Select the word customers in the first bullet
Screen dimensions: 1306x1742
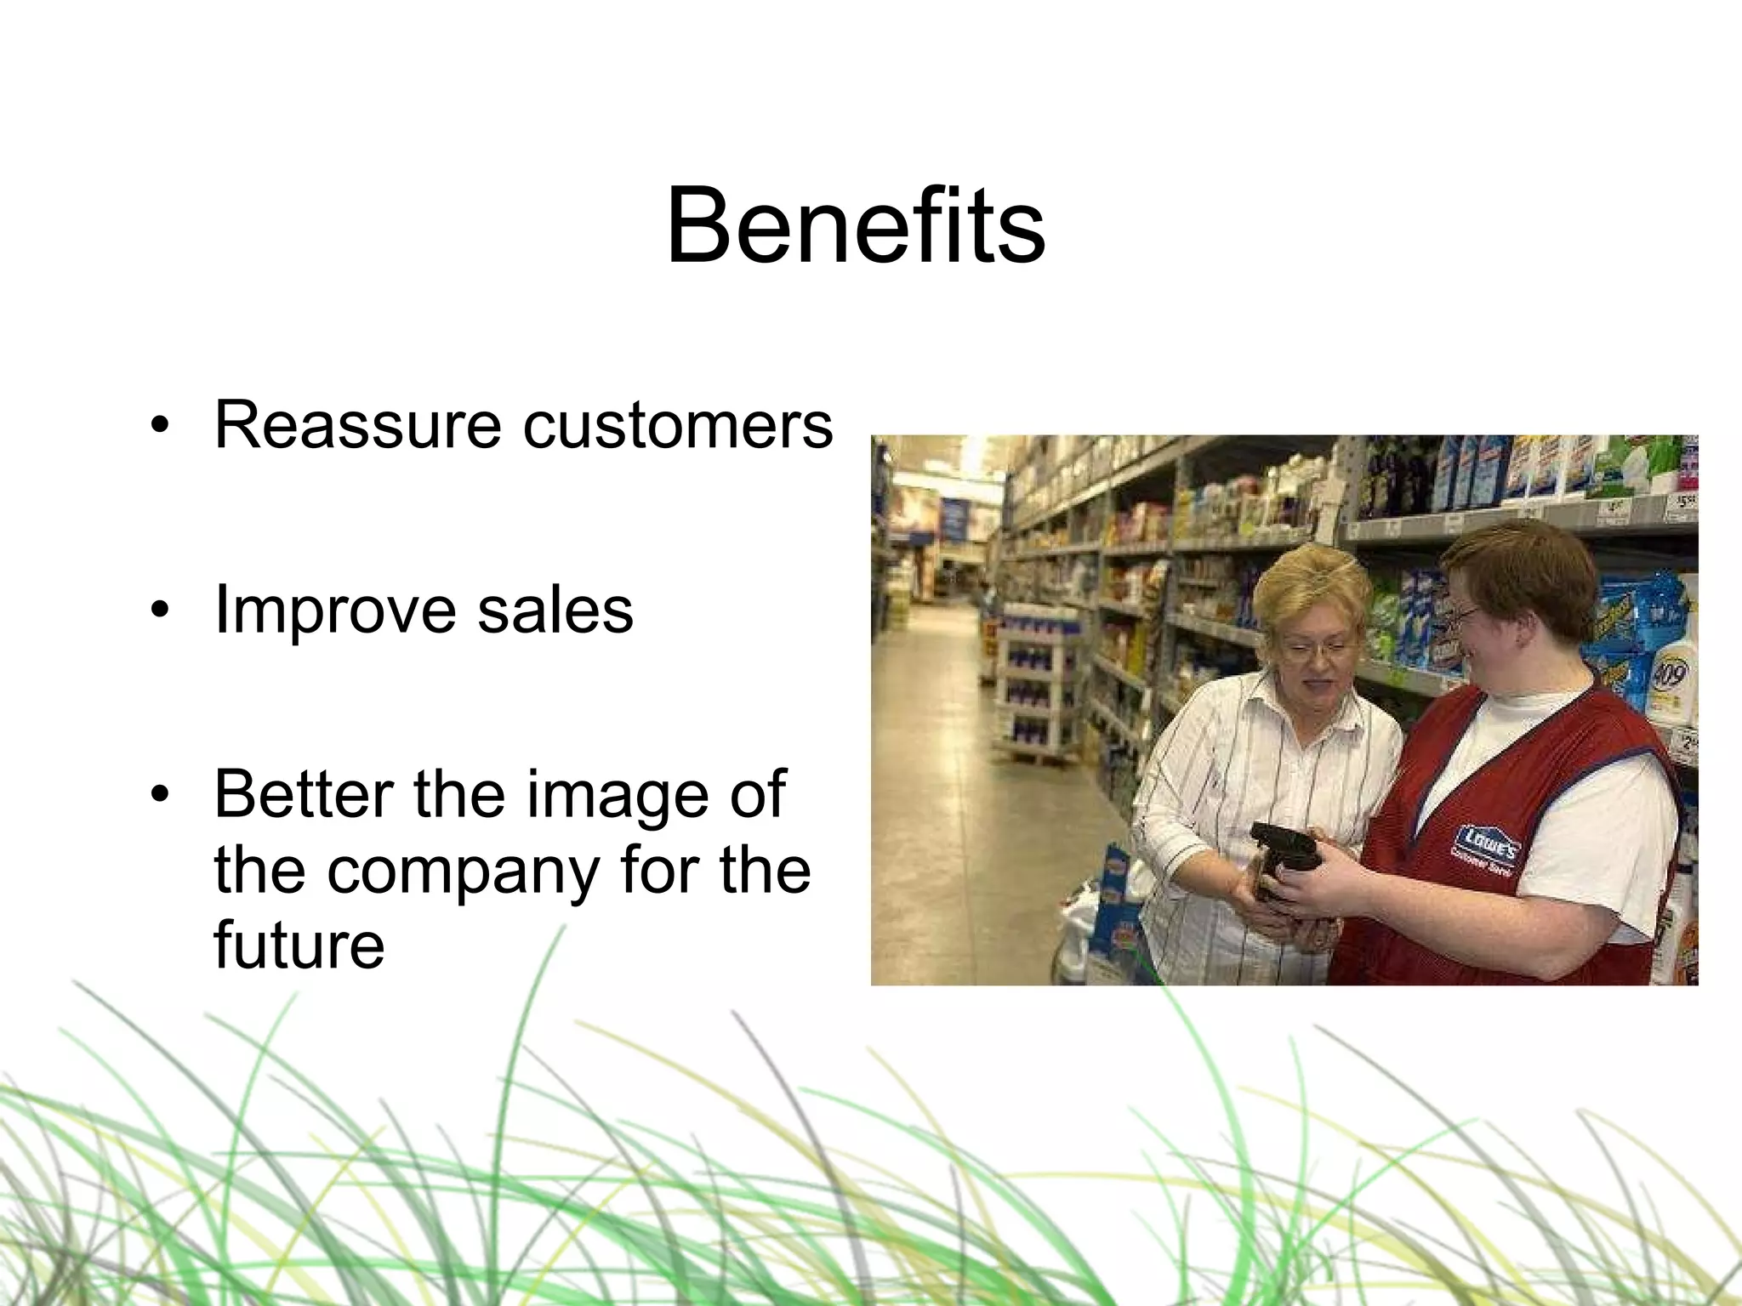678,424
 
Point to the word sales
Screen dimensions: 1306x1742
555,610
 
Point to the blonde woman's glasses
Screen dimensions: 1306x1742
1314,650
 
